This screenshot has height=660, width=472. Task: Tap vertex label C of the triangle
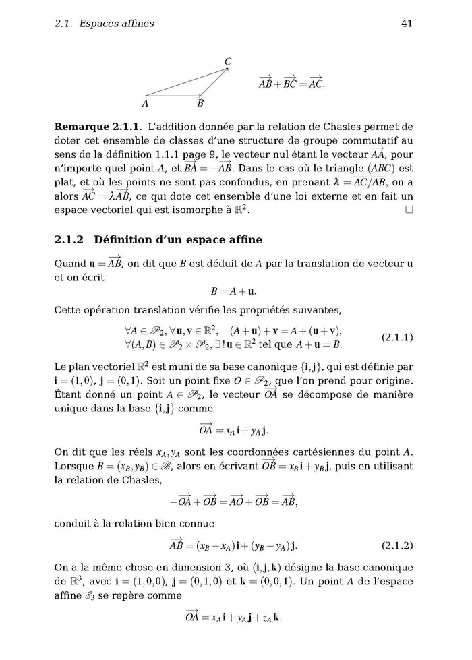228,62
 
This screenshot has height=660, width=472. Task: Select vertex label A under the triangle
145,104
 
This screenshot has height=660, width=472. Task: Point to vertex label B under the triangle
200,104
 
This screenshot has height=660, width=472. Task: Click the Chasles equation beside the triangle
291,84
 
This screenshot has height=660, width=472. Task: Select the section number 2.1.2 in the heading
68,240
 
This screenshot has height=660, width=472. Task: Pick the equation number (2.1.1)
397,336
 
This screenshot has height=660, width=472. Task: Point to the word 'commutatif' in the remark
370,140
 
